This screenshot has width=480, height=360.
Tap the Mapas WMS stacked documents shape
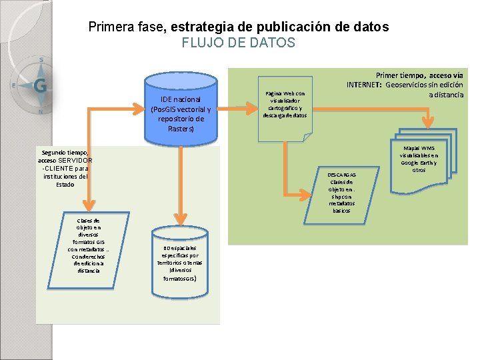pyautogui.click(x=420, y=157)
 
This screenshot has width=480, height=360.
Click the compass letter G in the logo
pyautogui.click(x=40, y=85)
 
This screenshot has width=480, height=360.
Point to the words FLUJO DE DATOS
pyautogui.click(x=238, y=43)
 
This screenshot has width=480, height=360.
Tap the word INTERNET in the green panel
pyautogui.click(x=364, y=85)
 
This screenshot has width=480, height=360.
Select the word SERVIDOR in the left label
pyautogui.click(x=75, y=161)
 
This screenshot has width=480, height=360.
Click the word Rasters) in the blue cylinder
pyautogui.click(x=181, y=128)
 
